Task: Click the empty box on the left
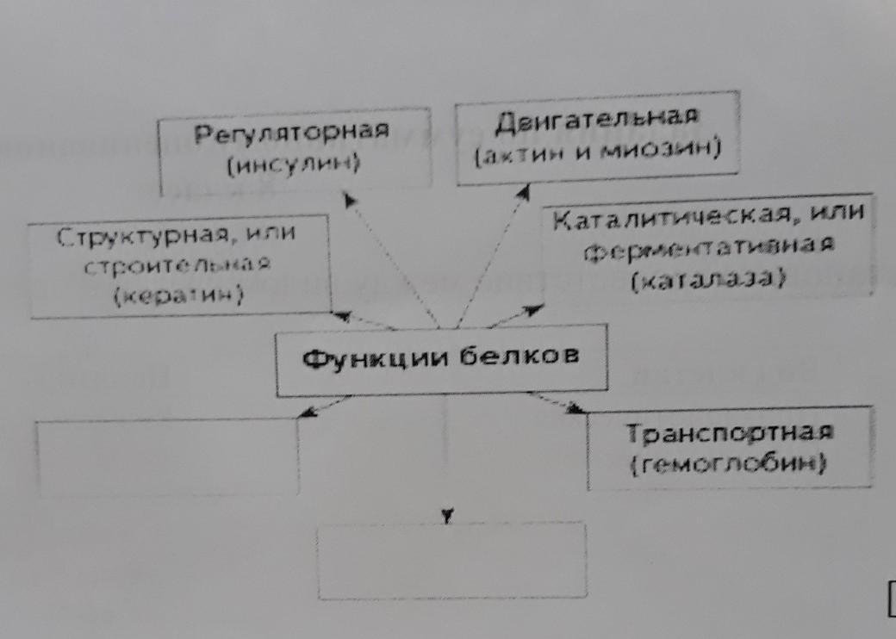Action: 168,456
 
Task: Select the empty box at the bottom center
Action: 452,560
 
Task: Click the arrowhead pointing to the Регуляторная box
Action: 349,199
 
